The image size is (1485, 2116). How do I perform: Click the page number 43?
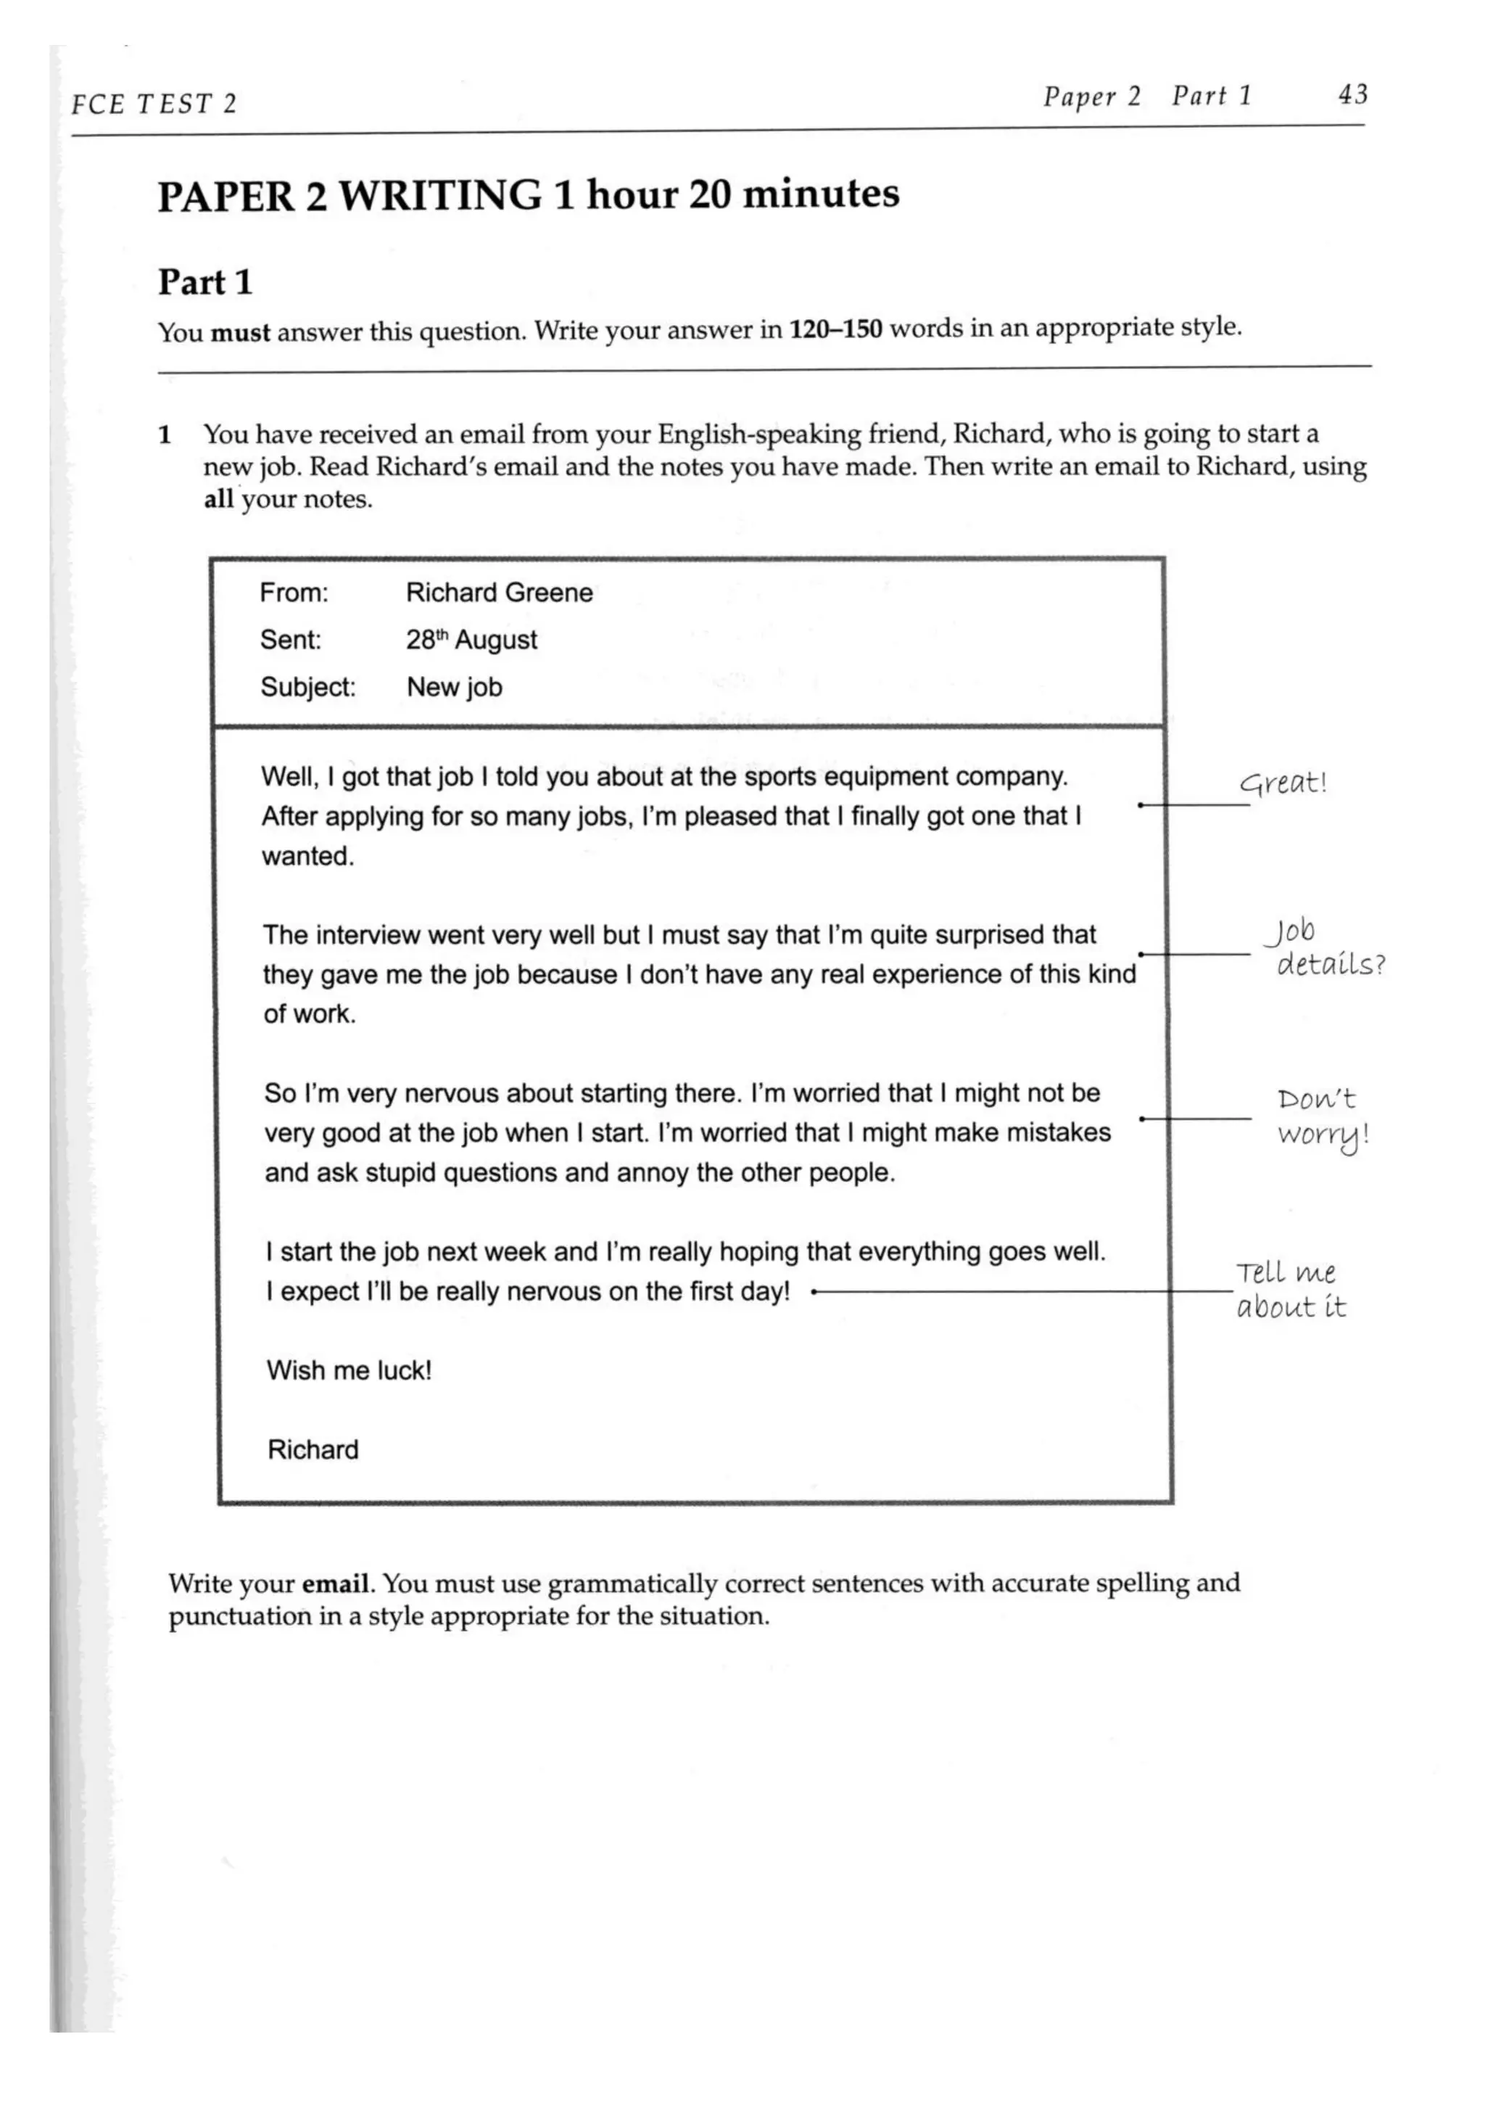[x=1352, y=94]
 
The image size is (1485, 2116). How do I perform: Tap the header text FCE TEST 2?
[x=153, y=103]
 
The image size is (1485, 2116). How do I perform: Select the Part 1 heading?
[x=204, y=282]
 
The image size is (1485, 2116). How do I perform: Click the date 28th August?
[x=471, y=640]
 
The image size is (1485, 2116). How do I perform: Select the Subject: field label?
[x=307, y=688]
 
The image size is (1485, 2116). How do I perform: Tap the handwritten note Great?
[x=1282, y=783]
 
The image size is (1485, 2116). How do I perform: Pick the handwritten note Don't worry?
[x=1321, y=1117]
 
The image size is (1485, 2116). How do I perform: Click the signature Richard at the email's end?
[x=313, y=1449]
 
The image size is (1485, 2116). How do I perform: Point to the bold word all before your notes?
[x=218, y=500]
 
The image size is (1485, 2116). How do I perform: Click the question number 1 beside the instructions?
[x=165, y=435]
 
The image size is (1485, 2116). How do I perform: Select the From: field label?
[x=293, y=593]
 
